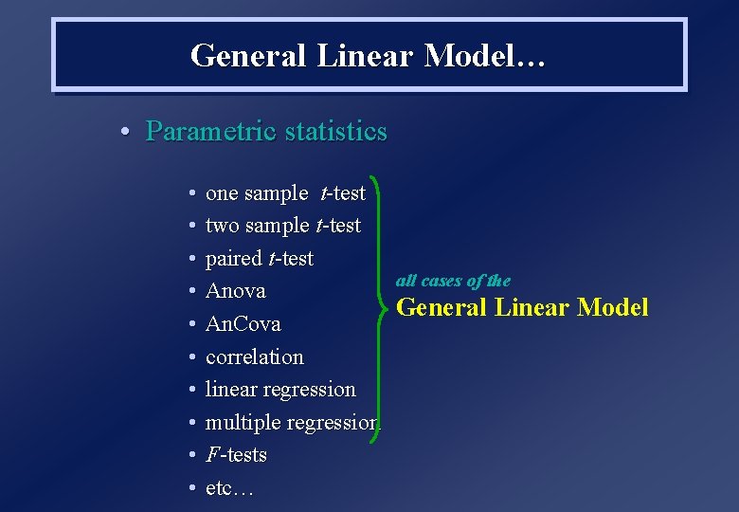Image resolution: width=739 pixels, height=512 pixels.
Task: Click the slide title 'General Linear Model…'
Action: click(368, 55)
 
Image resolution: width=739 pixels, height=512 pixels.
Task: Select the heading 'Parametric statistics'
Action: click(266, 131)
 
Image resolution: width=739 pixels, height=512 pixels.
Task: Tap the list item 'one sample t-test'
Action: click(285, 193)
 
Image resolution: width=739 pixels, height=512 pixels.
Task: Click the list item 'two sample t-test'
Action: click(282, 226)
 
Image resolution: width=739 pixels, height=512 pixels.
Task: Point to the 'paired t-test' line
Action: click(259, 259)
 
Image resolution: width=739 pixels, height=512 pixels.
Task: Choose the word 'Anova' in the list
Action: click(235, 291)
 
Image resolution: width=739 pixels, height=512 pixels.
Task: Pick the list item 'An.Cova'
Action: click(243, 324)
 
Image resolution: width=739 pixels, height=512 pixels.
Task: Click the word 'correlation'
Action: click(254, 357)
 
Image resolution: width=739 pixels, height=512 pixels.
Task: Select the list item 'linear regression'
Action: click(280, 390)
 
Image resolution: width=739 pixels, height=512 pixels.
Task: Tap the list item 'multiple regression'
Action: click(291, 423)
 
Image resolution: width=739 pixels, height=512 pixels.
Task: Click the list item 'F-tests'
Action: click(236, 455)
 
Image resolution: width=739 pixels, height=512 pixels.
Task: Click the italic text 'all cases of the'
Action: click(453, 281)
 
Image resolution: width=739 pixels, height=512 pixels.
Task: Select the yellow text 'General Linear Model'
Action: click(522, 307)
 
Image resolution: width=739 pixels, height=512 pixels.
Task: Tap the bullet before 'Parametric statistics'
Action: click(125, 132)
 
